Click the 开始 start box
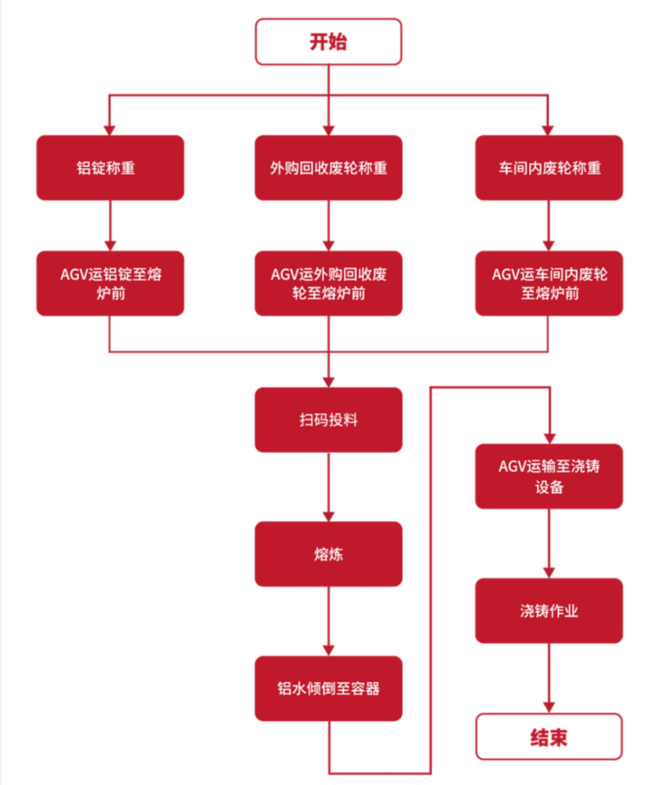(x=328, y=42)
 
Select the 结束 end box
(x=548, y=737)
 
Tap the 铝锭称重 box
(x=110, y=168)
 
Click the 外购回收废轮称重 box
(x=328, y=168)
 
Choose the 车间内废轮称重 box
(x=548, y=168)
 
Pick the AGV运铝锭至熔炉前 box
(x=110, y=283)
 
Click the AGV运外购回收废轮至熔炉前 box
(x=328, y=283)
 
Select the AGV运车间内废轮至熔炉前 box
(x=548, y=283)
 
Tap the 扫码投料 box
(x=328, y=420)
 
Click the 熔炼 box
(x=328, y=554)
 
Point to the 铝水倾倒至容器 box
(x=328, y=688)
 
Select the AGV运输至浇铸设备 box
(x=548, y=476)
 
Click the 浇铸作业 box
(x=548, y=611)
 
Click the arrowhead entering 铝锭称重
(x=109, y=130)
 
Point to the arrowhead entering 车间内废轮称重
(x=548, y=130)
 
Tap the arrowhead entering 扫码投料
(x=329, y=382)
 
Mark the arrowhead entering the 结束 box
(x=548, y=707)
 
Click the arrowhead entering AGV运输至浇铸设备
(x=548, y=437)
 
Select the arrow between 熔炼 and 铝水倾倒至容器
(x=329, y=621)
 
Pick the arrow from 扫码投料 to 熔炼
(x=329, y=487)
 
